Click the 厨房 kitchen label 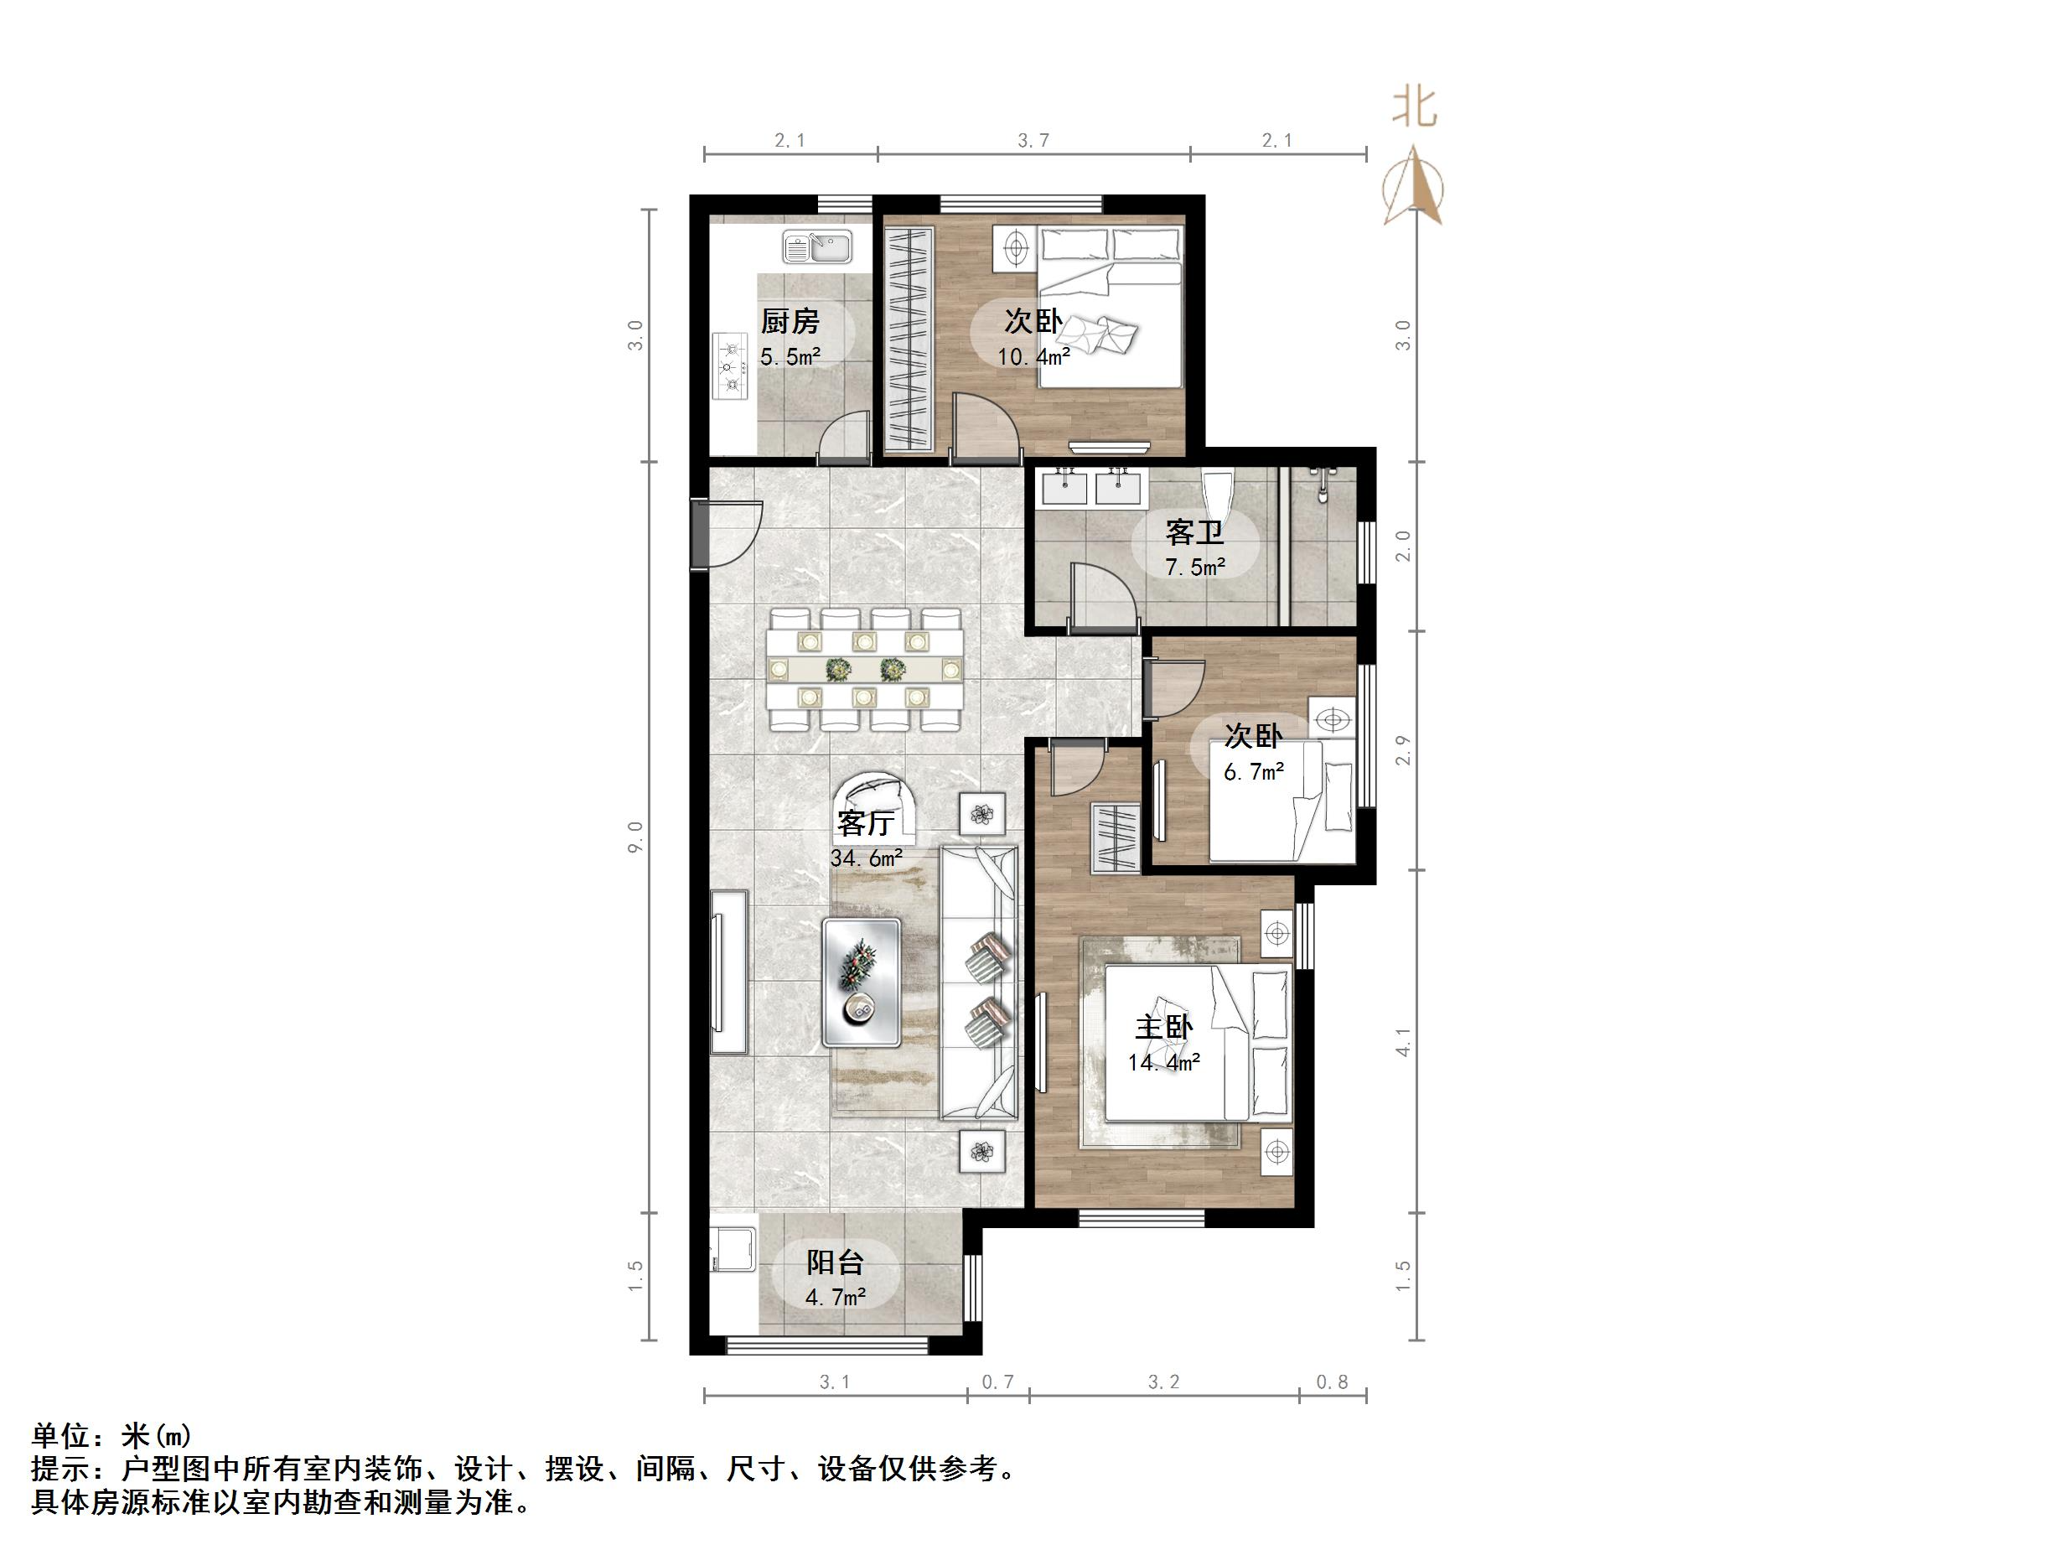[x=790, y=321]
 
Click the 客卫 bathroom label [x=1194, y=532]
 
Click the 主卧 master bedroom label [x=1162, y=1028]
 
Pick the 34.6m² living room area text [x=866, y=858]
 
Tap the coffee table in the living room [x=861, y=981]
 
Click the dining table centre [x=864, y=669]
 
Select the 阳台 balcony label [x=835, y=1263]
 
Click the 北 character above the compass [x=1414, y=107]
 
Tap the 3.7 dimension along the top [x=1033, y=140]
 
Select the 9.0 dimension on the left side [x=636, y=837]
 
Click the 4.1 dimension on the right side [x=1403, y=1043]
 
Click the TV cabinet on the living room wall [x=728, y=972]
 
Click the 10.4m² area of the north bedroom [x=1033, y=356]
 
